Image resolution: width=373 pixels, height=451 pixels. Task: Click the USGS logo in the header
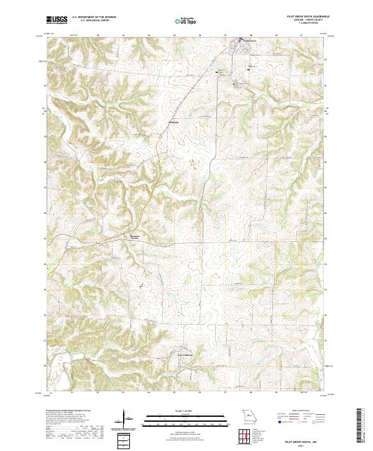pos(57,20)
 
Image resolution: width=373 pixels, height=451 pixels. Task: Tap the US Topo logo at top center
pos(186,21)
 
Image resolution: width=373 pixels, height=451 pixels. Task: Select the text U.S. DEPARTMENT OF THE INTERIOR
pos(95,18)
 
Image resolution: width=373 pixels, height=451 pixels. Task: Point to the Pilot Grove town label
pos(248,42)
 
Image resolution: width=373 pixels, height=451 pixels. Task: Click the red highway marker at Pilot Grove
pos(238,42)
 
